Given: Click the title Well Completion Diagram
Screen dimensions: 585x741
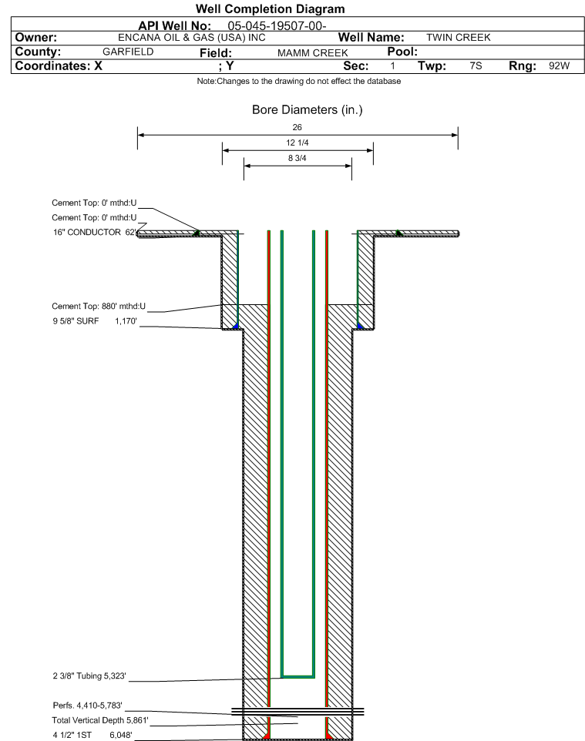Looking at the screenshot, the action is pos(270,9).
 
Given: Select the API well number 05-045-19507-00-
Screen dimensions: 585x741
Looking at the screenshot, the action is pos(277,26).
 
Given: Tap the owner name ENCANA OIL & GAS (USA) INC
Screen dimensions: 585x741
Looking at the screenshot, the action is pos(192,38).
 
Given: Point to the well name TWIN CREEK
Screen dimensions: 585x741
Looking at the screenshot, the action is pos(459,38).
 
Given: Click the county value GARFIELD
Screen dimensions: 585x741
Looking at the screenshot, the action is pos(128,52).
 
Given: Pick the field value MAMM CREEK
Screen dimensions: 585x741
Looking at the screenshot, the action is pos(313,53).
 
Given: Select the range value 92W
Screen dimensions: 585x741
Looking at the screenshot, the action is pos(559,65).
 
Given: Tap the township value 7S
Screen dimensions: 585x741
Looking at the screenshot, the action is pos(476,65).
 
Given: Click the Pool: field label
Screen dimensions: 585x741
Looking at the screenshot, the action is pos(402,52).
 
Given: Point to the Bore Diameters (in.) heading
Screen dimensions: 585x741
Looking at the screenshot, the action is pos(308,110).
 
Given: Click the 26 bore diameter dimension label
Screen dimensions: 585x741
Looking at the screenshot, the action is pos(297,127).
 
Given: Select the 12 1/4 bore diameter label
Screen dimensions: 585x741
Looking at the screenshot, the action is pos(298,142).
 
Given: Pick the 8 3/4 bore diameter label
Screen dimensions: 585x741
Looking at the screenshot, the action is pos(298,159).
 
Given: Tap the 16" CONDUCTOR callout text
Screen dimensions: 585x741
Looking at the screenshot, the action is pos(87,233).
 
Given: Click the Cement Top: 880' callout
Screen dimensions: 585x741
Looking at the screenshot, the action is pos(99,307).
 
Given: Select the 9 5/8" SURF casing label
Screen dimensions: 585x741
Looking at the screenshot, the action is pos(76,321).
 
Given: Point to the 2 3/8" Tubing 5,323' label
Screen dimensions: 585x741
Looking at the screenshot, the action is pos(89,676).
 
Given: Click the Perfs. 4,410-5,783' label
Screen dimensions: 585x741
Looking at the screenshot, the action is pos(88,706).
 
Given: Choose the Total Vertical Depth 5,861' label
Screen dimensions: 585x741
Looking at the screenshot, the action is pos(100,721).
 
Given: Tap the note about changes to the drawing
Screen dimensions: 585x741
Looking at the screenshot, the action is pos(299,82).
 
